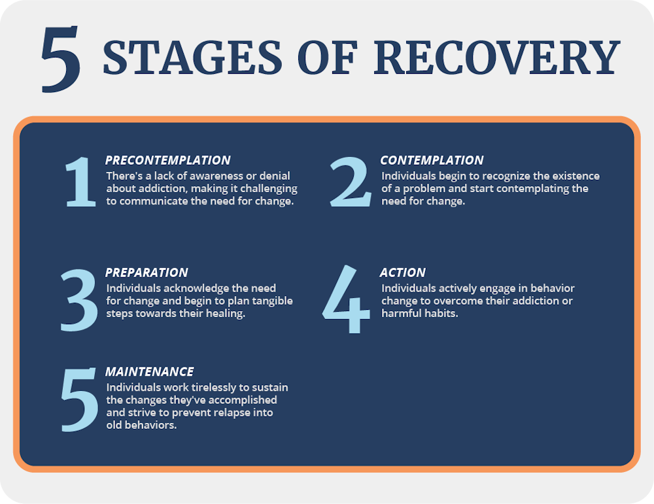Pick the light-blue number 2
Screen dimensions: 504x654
(351, 183)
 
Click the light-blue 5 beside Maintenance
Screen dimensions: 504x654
(80, 399)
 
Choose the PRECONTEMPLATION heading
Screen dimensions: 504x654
(167, 160)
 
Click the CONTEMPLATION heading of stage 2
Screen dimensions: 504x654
(432, 160)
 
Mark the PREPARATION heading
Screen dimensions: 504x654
(146, 273)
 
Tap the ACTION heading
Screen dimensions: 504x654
(402, 273)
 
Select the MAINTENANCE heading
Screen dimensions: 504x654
(149, 372)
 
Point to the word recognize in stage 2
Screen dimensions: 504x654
(501, 176)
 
